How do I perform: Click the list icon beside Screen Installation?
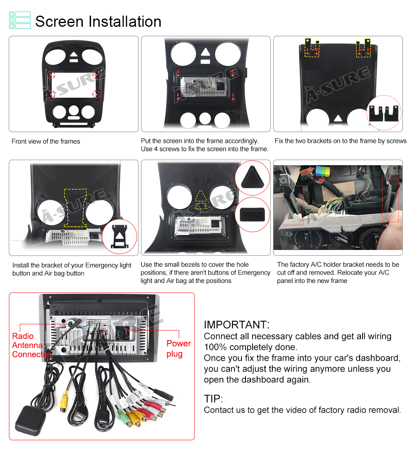click(20, 20)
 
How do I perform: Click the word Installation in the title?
click(125, 22)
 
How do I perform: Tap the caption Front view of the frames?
click(46, 141)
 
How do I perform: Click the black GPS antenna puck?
click(30, 420)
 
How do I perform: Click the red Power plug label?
click(178, 348)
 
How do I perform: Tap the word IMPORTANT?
click(236, 325)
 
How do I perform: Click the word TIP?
click(213, 399)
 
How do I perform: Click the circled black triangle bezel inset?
click(253, 178)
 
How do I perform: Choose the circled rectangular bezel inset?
click(253, 215)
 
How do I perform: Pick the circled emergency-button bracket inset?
click(119, 237)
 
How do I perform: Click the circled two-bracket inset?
click(384, 113)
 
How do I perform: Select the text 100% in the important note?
click(213, 347)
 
